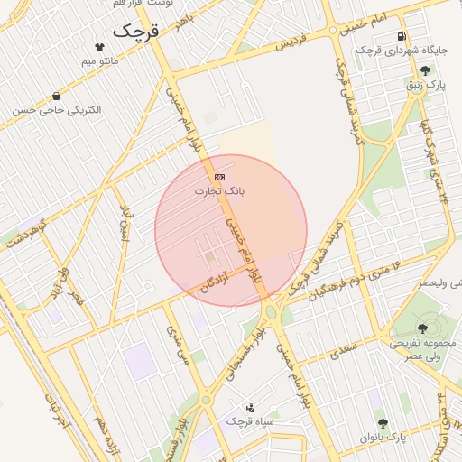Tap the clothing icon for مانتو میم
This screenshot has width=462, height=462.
pos(98,46)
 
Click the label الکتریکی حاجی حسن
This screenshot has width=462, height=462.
pos(57,110)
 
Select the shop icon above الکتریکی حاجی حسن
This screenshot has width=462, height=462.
pos(57,96)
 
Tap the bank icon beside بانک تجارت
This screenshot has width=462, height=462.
pos(219,177)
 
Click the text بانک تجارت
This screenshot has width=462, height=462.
pos(220,192)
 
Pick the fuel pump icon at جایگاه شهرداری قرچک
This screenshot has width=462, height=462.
pos(400,36)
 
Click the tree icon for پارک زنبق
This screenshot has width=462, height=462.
pos(425,70)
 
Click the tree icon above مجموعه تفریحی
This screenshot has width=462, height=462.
pos(422,328)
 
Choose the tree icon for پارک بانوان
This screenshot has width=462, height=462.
pos(383,422)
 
